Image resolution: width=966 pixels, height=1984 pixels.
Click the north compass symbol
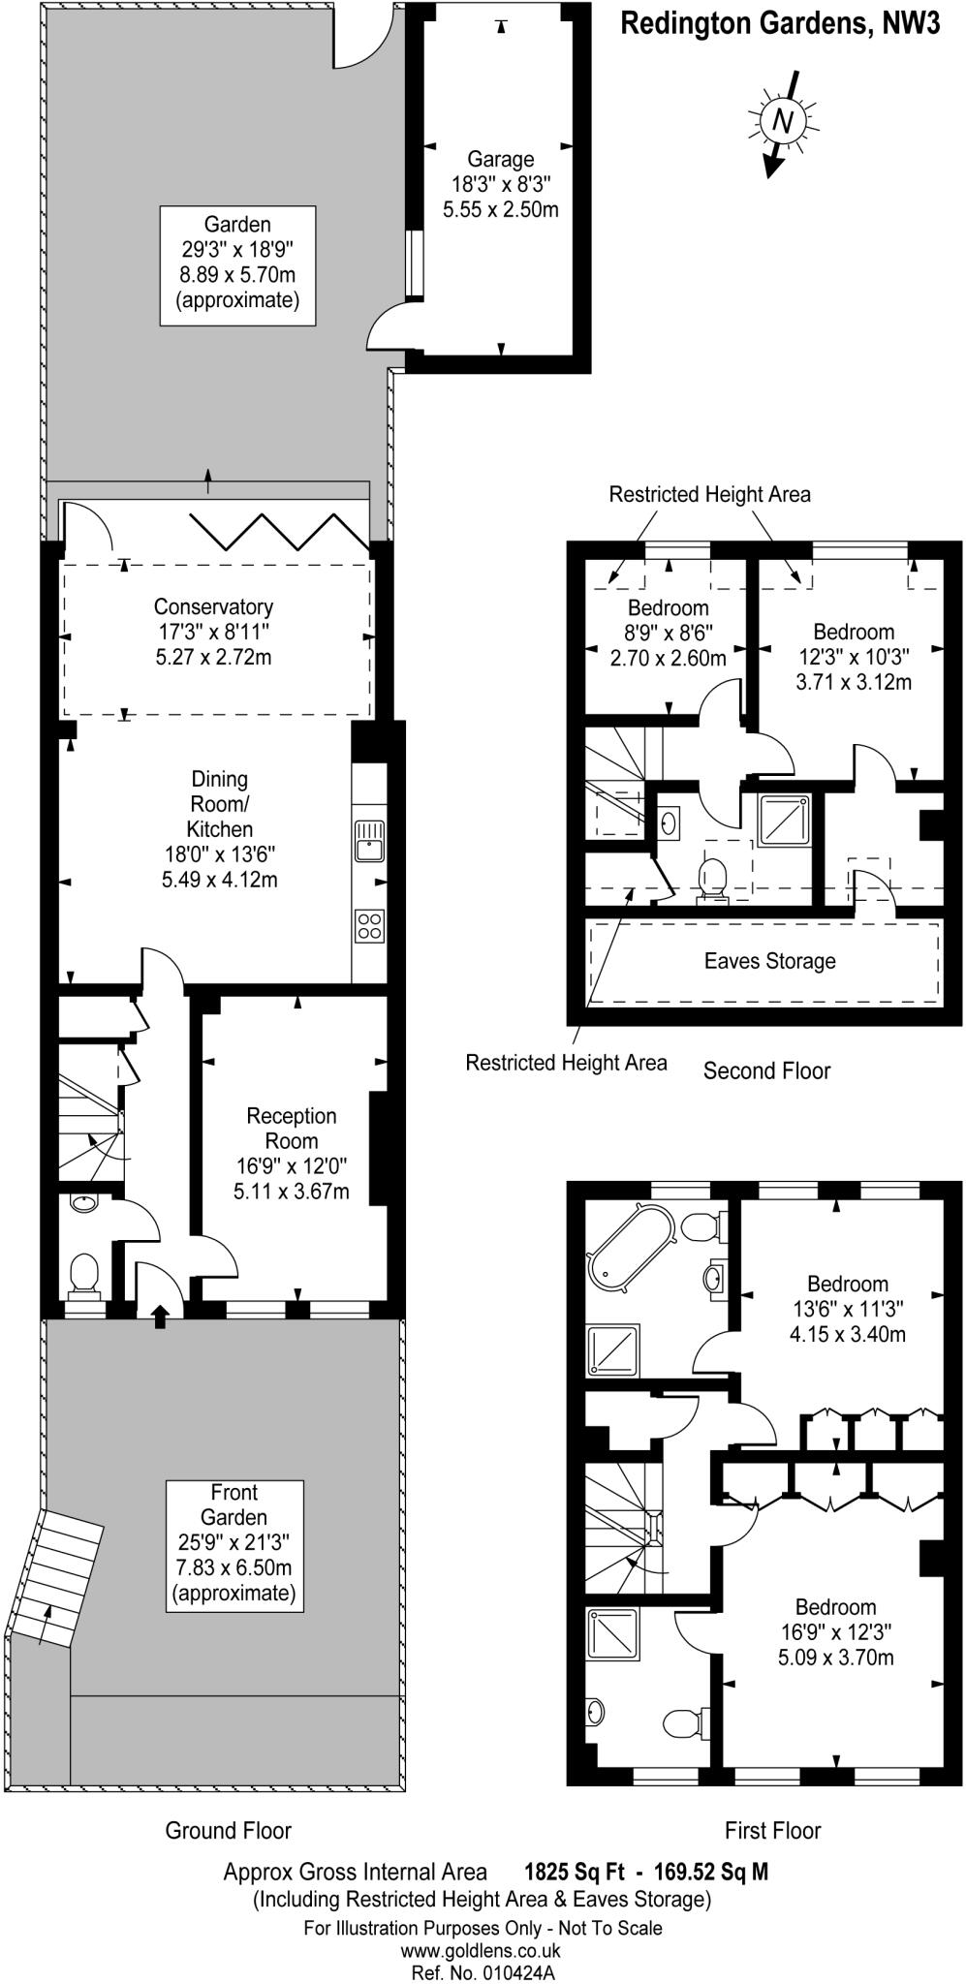pos(784,121)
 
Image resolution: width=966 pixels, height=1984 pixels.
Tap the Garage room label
pos(500,159)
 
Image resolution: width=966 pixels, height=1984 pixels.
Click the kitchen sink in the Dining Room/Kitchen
pos(369,840)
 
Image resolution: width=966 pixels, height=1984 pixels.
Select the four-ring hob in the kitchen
pos(369,925)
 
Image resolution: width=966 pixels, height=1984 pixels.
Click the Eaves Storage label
pos(769,961)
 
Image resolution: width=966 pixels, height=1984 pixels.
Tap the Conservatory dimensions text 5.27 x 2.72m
pos(213,658)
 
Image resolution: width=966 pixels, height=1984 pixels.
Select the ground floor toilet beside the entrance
pos(84,1272)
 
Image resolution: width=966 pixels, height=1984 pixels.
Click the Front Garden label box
pos(234,1544)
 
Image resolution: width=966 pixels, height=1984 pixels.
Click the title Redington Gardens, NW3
pos(780,24)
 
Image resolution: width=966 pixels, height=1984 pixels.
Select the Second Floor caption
pos(766,1070)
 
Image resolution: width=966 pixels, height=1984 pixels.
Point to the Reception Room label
pos(291,1129)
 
